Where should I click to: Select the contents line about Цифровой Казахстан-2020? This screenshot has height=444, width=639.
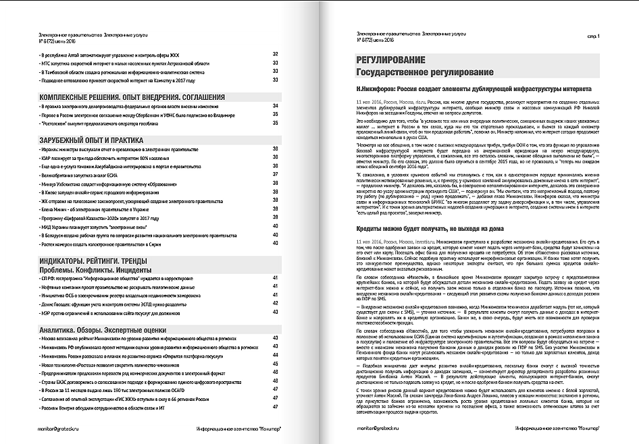pyautogui.click(x=101, y=217)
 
